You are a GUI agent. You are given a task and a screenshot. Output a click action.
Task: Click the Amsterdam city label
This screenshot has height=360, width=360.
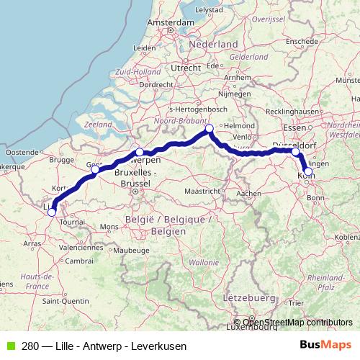point(171,22)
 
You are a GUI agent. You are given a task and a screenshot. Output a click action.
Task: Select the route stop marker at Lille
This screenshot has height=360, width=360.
point(51,212)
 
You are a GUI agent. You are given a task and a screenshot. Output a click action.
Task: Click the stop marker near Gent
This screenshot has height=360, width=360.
point(95,169)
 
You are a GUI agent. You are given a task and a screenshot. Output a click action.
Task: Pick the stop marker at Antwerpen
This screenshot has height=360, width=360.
point(139,152)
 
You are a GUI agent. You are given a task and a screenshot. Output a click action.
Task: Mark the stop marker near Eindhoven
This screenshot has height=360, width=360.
point(210,129)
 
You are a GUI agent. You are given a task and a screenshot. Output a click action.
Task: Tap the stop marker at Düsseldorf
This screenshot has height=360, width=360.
point(295,152)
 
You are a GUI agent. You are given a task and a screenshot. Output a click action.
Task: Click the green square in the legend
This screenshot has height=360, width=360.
point(9,346)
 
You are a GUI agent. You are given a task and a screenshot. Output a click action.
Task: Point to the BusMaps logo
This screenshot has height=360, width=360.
point(326,346)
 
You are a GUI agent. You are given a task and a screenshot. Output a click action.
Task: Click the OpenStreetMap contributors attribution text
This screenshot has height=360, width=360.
point(297,323)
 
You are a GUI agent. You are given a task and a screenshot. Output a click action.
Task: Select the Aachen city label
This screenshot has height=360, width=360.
point(248,194)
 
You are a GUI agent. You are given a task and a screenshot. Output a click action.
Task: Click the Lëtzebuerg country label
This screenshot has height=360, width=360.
point(250,297)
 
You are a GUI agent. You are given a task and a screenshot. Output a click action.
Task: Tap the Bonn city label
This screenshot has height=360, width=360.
point(315,197)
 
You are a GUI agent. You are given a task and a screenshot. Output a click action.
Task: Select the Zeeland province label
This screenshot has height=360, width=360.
point(99,124)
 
